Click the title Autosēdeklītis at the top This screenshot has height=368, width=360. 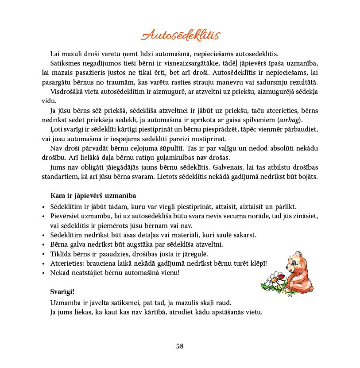(180, 35)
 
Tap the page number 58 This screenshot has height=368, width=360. (180, 346)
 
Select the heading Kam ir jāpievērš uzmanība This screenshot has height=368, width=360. (93, 195)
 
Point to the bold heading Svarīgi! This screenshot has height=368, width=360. (62, 292)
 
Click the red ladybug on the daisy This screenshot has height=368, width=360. (279, 275)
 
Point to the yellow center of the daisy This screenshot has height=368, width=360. (274, 280)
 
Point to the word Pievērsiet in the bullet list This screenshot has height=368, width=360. (66, 216)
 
